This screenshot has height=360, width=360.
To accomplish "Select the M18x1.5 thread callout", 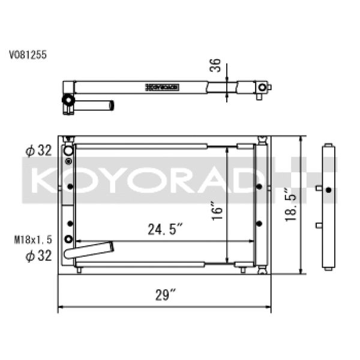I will (x=32, y=239).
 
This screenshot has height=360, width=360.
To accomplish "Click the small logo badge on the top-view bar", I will (x=162, y=88).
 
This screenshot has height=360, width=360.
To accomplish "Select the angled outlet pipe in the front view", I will (x=90, y=249).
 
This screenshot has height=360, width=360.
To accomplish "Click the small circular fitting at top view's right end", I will (x=262, y=88).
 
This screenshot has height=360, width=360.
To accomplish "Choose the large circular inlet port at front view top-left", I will (x=68, y=150).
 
